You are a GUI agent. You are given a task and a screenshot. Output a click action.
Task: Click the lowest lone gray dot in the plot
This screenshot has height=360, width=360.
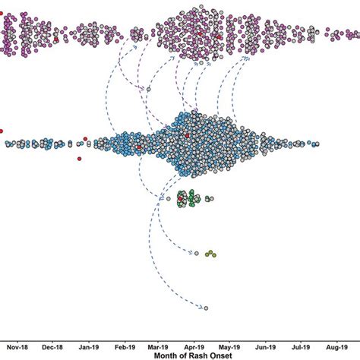coord(205,308)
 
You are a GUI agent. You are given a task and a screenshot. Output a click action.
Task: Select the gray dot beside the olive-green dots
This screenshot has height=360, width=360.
coord(196,252)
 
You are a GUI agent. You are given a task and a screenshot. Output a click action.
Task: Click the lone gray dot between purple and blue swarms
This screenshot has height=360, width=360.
coord(149,90)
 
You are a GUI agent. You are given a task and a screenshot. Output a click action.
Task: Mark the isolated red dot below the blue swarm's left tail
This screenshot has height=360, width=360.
coord(79,159)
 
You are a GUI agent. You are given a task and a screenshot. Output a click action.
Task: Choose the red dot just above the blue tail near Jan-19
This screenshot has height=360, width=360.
coord(86,137)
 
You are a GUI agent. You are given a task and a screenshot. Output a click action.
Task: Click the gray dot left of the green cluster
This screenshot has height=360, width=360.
coord(166,200)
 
